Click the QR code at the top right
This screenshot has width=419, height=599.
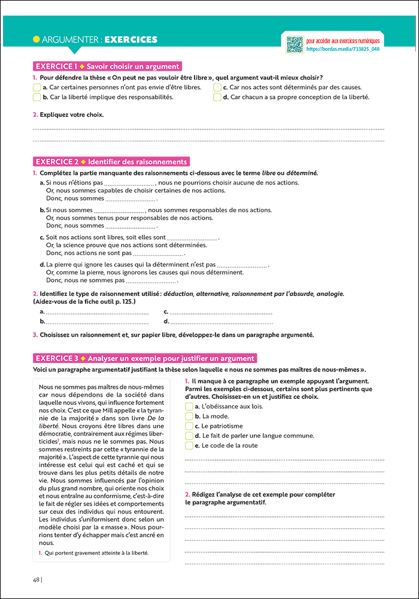pyautogui.click(x=294, y=44)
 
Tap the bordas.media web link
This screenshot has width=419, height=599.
pyautogui.click(x=342, y=49)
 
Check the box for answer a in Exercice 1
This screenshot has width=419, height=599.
pyautogui.click(x=37, y=87)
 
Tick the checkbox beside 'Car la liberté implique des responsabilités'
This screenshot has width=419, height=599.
pyautogui.click(x=37, y=97)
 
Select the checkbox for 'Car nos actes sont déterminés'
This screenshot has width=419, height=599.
pyautogui.click(x=217, y=87)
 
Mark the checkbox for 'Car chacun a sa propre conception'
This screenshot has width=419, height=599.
pyautogui.click(x=217, y=97)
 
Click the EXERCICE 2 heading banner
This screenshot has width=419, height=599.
pyautogui.click(x=111, y=162)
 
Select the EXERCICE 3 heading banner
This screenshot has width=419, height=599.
pyautogui.click(x=145, y=358)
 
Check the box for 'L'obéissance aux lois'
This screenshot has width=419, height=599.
pyautogui.click(x=189, y=407)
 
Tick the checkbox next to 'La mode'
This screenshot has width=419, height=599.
pyautogui.click(x=189, y=416)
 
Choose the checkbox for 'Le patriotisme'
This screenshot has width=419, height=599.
pyautogui.click(x=189, y=426)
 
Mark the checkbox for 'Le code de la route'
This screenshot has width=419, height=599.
pyautogui.click(x=189, y=446)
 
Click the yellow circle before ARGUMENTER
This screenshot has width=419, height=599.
pyautogui.click(x=37, y=40)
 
